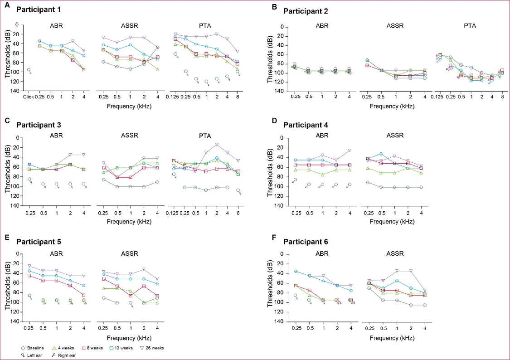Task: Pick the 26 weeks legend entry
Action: (x=152, y=348)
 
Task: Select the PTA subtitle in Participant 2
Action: (x=470, y=26)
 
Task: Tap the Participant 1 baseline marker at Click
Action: (x=29, y=70)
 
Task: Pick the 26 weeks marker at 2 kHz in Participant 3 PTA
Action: (x=217, y=144)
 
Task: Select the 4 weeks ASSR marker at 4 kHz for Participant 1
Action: (x=157, y=69)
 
